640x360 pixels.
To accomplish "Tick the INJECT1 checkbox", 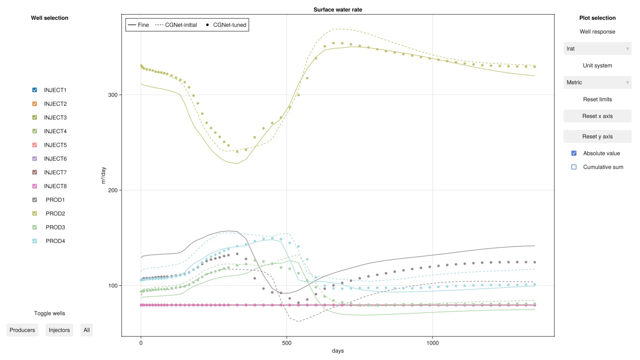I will [35, 90].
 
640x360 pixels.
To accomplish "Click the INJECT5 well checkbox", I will [35, 145].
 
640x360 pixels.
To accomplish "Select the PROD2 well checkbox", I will [35, 214].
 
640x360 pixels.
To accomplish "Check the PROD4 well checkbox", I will [35, 241].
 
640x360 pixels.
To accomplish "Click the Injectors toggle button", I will [59, 330].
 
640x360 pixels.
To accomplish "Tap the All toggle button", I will [86, 330].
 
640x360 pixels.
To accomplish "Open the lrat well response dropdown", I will [597, 48].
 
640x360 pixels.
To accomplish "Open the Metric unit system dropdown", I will [597, 82].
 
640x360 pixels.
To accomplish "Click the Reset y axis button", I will [597, 136].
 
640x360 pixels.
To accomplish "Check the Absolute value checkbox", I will [574, 153].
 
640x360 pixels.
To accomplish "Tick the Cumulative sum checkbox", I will [574, 167].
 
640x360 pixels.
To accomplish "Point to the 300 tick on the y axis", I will [113, 95].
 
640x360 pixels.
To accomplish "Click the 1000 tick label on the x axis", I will [432, 343].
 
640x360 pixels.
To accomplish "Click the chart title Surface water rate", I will [338, 10].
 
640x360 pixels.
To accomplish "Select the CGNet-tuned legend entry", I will [226, 25].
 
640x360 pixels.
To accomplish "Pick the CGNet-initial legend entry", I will [176, 25].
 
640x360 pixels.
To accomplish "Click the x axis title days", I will [338, 351].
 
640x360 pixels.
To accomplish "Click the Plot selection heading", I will [597, 18].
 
